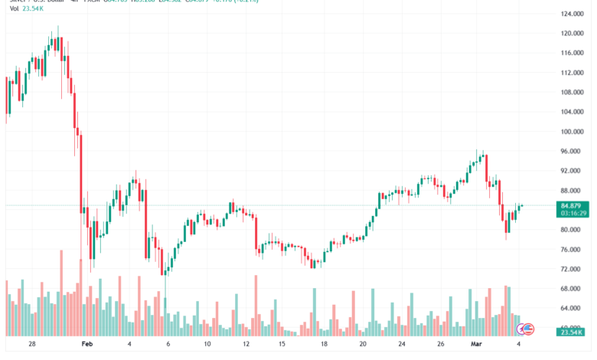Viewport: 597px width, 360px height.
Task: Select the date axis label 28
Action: tap(31, 345)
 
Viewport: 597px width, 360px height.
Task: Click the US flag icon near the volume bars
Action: tap(527, 329)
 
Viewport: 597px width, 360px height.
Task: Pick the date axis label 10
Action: tap(207, 345)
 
